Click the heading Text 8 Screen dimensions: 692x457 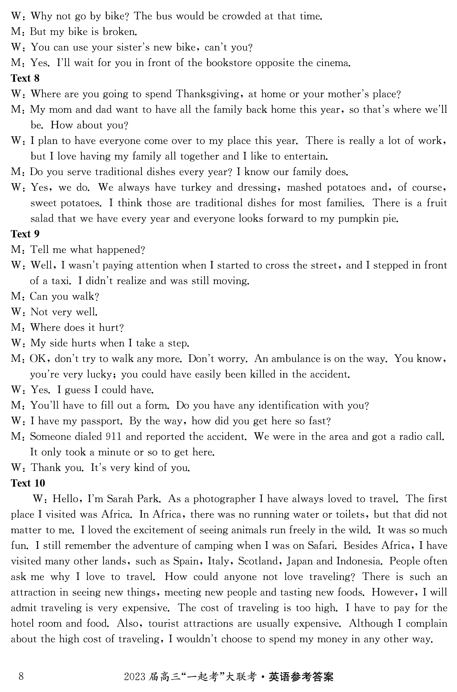(x=25, y=79)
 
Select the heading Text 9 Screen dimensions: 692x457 (x=25, y=234)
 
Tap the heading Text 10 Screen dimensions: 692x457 (x=28, y=483)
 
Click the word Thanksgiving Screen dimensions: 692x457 (x=207, y=94)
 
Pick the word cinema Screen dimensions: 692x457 (x=332, y=63)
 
